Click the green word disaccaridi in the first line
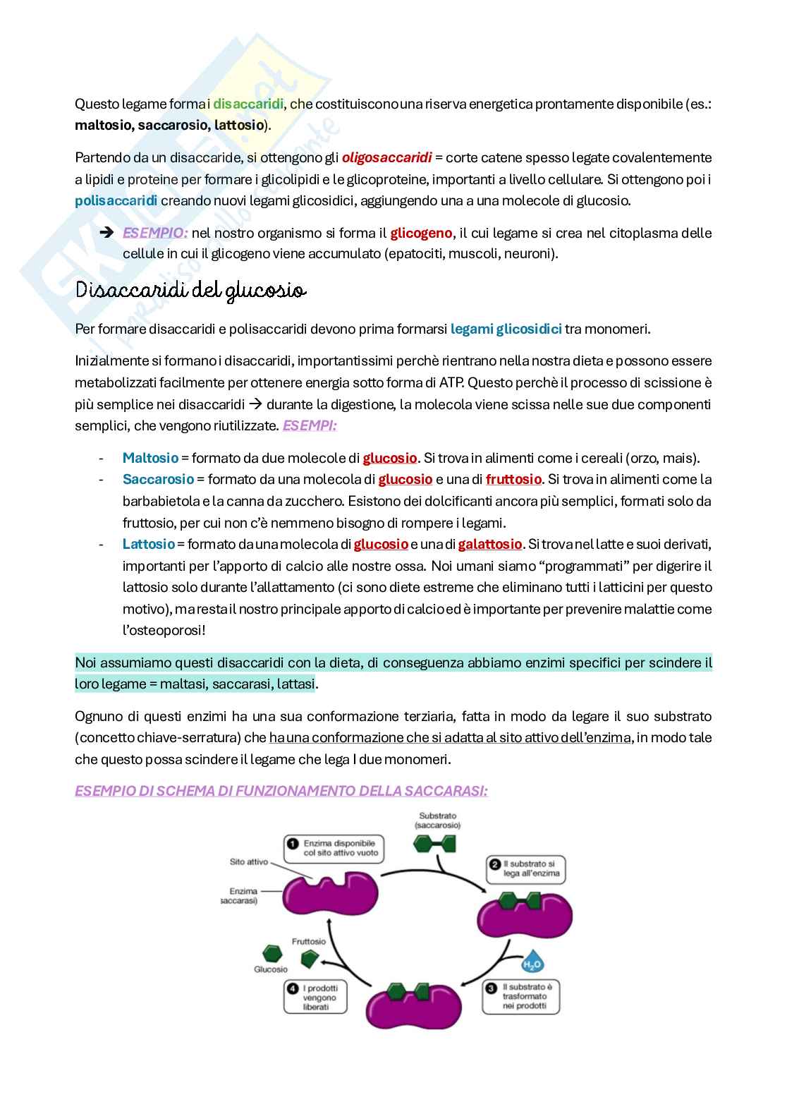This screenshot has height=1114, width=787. click(248, 104)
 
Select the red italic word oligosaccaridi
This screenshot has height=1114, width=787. click(386, 157)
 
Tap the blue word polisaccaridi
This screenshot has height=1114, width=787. click(116, 200)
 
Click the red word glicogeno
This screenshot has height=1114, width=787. click(421, 233)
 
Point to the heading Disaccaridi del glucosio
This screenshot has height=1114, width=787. click(190, 291)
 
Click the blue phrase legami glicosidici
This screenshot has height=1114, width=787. click(506, 329)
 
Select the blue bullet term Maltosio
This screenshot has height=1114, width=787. click(150, 458)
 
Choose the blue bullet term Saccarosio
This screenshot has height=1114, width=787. click(158, 479)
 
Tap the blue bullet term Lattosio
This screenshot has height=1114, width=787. click(148, 544)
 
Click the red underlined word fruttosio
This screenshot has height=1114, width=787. click(513, 479)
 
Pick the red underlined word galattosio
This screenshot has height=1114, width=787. click(490, 544)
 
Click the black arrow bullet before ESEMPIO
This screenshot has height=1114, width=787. click(106, 233)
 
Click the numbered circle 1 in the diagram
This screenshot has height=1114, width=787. click(292, 843)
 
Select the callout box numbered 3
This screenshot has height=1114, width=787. click(520, 996)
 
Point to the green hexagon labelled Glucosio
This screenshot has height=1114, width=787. click(270, 952)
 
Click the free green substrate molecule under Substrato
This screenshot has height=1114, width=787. click(434, 843)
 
